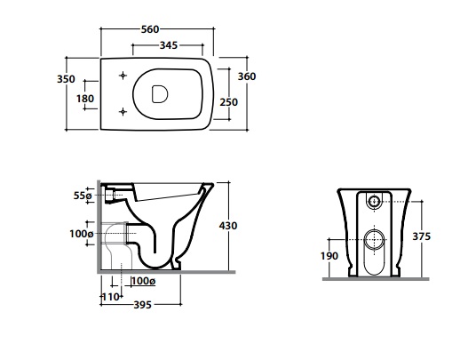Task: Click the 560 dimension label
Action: coord(150,29)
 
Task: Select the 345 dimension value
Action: coord(169,45)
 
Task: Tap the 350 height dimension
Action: coord(66,79)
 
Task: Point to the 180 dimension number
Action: coord(85,99)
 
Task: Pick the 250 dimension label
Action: coord(228,102)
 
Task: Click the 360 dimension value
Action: coord(247,76)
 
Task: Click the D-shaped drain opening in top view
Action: coord(159,93)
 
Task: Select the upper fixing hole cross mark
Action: coord(123,76)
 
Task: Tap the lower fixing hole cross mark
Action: coord(123,112)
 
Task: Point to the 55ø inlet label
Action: coord(83,196)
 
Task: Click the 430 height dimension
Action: coord(228,226)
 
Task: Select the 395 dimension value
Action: coord(142,305)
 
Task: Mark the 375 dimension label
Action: coord(421,236)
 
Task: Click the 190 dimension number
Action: coord(329,256)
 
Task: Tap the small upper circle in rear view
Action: coord(374,201)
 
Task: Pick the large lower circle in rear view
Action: coord(374,239)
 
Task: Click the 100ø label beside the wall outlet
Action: coord(82,234)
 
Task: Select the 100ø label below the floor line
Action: coord(144,281)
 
